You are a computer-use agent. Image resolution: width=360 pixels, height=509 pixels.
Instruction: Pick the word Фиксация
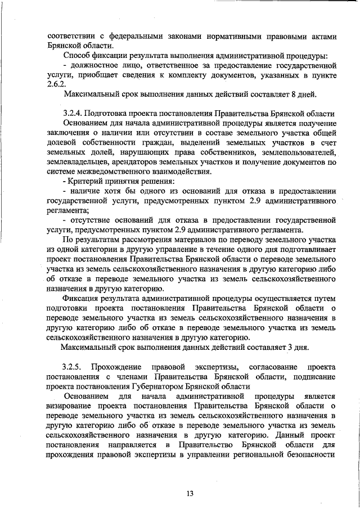pyautogui.click(x=84, y=298)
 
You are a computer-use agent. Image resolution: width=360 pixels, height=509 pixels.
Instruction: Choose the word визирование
pyautogui.click(x=74, y=405)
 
